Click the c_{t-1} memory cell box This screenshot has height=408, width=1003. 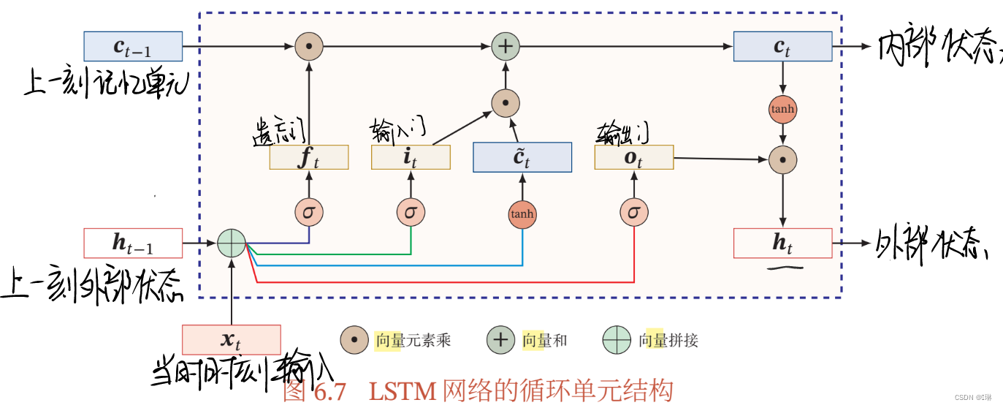pyautogui.click(x=133, y=46)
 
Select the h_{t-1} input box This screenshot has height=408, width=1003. pyautogui.click(x=133, y=243)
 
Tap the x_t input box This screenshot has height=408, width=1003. pyautogui.click(x=231, y=340)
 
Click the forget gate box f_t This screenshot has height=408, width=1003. pyautogui.click(x=309, y=158)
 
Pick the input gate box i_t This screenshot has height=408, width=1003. pyautogui.click(x=411, y=158)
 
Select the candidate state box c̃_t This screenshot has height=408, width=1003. pyautogui.click(x=522, y=158)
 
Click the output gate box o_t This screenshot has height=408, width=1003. pyautogui.click(x=633, y=158)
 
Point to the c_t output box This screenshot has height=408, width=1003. pyautogui.click(x=782, y=46)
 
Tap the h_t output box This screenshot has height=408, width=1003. pyautogui.click(x=782, y=243)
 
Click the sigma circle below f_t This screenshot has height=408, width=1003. pyautogui.click(x=309, y=212)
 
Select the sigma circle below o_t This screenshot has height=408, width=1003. pyautogui.click(x=633, y=212)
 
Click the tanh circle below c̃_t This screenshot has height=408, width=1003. pyautogui.click(x=522, y=214)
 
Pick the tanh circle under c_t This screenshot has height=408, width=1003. pyautogui.click(x=782, y=110)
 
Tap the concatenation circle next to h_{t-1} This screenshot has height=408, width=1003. pyautogui.click(x=232, y=243)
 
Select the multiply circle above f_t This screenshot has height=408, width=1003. pyautogui.click(x=309, y=46)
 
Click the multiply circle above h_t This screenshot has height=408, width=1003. pyautogui.click(x=782, y=159)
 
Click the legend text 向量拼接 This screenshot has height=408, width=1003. pyautogui.click(x=668, y=340)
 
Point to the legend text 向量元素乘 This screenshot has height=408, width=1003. pyautogui.click(x=413, y=340)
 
